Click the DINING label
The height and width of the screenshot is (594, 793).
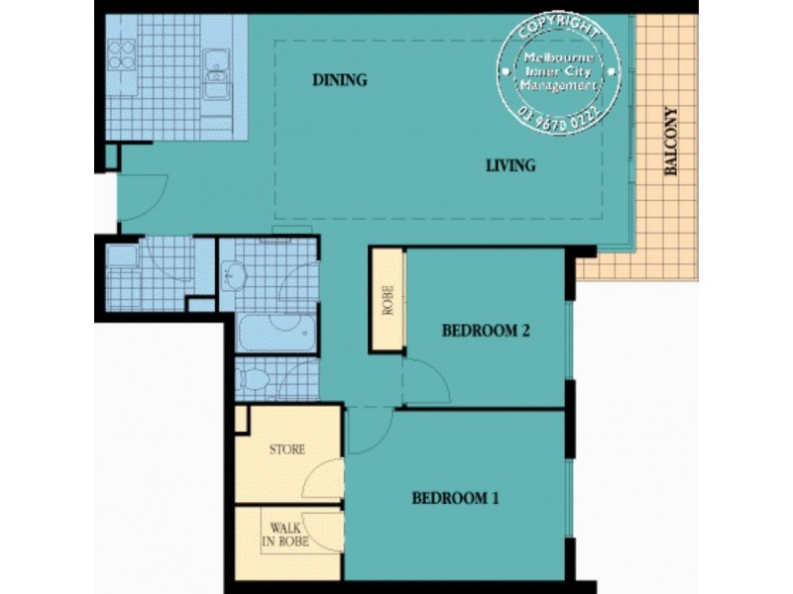[x=339, y=80]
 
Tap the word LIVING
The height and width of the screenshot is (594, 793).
[x=510, y=165]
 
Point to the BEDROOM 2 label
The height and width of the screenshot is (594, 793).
[x=486, y=332]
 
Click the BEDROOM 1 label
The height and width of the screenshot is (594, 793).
[x=455, y=498]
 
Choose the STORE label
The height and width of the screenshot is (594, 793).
[x=287, y=449]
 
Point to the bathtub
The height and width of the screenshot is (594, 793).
[x=278, y=334]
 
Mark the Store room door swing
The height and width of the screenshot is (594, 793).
[x=321, y=480]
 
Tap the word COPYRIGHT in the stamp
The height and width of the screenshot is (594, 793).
[x=560, y=24]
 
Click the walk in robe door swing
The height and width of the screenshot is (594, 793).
[x=324, y=535]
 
